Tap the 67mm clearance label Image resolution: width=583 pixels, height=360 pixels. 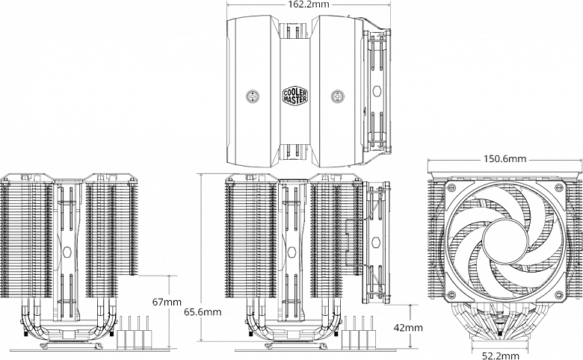(165, 302)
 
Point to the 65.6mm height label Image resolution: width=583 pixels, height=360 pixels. (202, 311)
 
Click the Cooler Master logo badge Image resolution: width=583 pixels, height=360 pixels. (293, 96)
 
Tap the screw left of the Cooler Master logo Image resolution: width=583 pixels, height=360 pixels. (252, 96)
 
